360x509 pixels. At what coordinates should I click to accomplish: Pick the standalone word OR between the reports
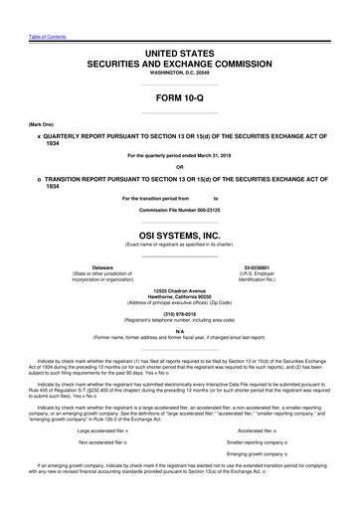[179, 165]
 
